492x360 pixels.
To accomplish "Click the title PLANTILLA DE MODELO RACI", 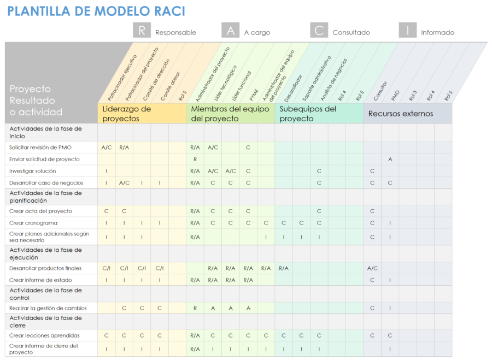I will [x=96, y=11].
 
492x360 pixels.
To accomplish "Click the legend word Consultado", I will [x=351, y=33].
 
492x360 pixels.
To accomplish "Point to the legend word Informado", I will [x=437, y=33].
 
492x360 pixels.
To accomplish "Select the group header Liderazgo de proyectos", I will [x=127, y=114].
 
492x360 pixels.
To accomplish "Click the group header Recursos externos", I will [x=401, y=114].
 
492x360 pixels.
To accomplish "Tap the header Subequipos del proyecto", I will [x=308, y=114].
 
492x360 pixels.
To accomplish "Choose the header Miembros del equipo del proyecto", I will [x=230, y=114].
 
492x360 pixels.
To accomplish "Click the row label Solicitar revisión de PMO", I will [x=40, y=147].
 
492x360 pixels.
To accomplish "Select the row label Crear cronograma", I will [x=33, y=223].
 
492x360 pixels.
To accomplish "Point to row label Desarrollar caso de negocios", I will [x=46, y=183].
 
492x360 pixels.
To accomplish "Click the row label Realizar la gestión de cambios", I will [x=48, y=308].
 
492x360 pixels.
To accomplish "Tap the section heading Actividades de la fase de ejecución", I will [x=45, y=253].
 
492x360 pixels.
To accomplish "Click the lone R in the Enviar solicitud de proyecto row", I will [x=195, y=160].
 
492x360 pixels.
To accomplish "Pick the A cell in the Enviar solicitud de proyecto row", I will [x=390, y=160].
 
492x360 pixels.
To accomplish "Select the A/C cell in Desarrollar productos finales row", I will [x=372, y=268].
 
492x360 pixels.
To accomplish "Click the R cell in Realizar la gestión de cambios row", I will [x=195, y=308].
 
